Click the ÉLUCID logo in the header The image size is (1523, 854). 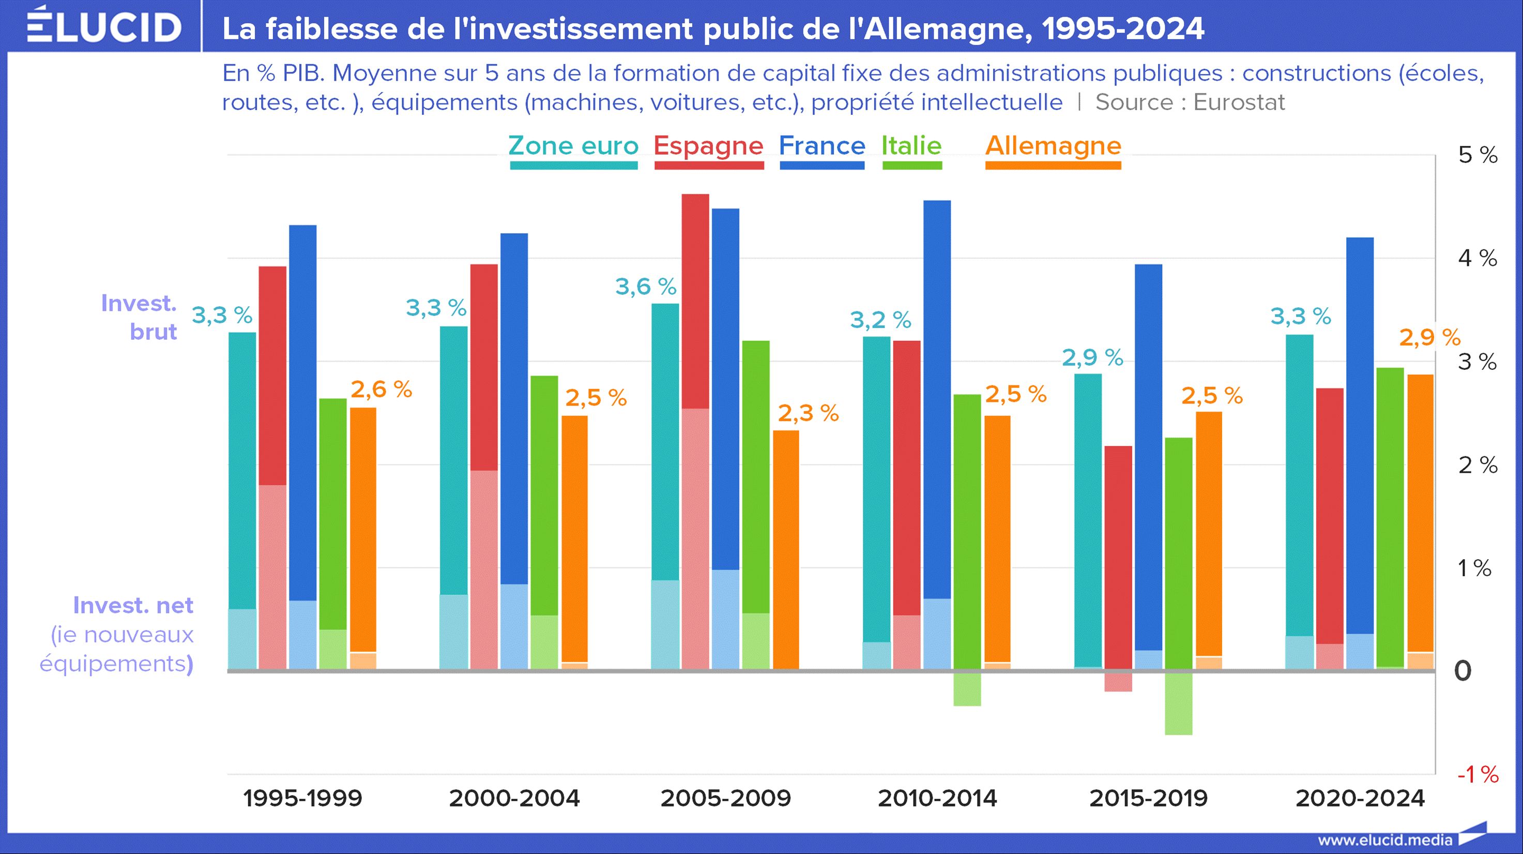tap(104, 26)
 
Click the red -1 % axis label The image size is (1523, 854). tap(1478, 774)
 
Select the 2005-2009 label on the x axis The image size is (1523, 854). tap(725, 799)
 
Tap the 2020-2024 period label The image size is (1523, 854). tap(1360, 799)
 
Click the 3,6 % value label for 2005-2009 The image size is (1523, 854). tap(646, 287)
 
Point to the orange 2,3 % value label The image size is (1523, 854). tap(808, 413)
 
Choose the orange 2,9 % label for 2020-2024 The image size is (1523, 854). tap(1429, 338)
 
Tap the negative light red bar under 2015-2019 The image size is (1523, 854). tap(1118, 682)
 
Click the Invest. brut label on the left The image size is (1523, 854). tap(140, 318)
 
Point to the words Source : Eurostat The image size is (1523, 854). tap(1190, 102)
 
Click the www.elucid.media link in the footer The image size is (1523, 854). tap(1384, 840)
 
